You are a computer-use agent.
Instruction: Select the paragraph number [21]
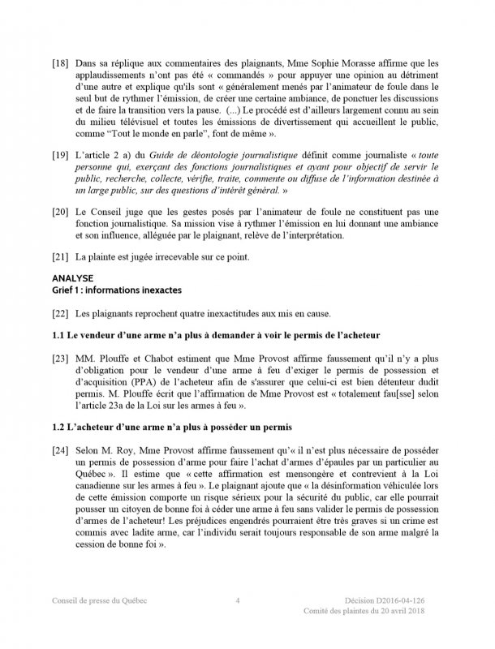pyautogui.click(x=60, y=257)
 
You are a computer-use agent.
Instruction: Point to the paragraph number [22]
pyautogui.click(x=60, y=313)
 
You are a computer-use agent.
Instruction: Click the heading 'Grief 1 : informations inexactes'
pyautogui.click(x=117, y=289)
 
